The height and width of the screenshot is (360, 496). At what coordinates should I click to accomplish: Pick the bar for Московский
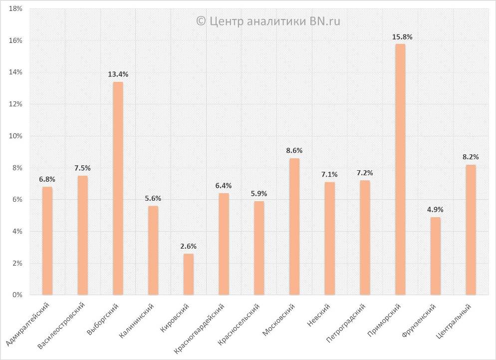click(x=294, y=227)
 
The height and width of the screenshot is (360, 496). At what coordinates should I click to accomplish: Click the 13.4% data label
click(x=118, y=74)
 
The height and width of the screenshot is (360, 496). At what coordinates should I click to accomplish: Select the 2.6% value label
click(x=188, y=246)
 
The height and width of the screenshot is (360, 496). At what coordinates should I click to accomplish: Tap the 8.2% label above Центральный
click(x=471, y=156)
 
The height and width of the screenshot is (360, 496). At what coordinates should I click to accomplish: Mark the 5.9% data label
click(x=258, y=194)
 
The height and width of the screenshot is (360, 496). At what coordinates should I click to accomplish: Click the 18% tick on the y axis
click(x=15, y=8)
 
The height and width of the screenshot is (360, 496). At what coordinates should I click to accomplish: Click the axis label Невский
click(x=319, y=315)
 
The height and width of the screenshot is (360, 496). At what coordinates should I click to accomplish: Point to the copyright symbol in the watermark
click(x=201, y=21)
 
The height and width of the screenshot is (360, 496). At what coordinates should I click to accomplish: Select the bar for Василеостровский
click(x=82, y=235)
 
